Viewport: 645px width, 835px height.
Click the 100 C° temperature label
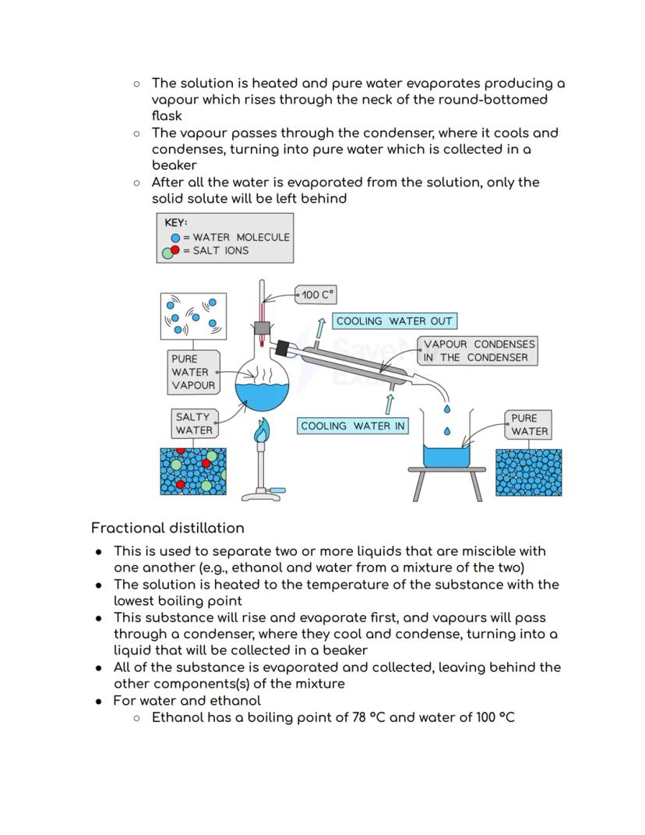tap(316, 295)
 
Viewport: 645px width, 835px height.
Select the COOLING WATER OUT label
tap(394, 321)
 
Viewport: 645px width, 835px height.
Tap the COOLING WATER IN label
tap(353, 426)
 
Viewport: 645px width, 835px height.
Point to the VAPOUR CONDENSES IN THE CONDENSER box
tap(479, 351)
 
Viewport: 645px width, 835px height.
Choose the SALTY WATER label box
tap(193, 423)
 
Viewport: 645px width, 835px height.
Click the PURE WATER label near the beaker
tap(530, 424)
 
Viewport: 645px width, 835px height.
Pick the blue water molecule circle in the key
tap(175, 237)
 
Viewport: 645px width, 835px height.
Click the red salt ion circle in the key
tap(175, 250)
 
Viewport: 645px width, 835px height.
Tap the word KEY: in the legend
tap(176, 223)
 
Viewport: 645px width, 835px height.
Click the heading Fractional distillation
tap(167, 528)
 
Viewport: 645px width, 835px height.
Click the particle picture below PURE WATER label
tap(529, 472)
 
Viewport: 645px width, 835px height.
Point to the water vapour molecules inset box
tap(193, 316)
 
